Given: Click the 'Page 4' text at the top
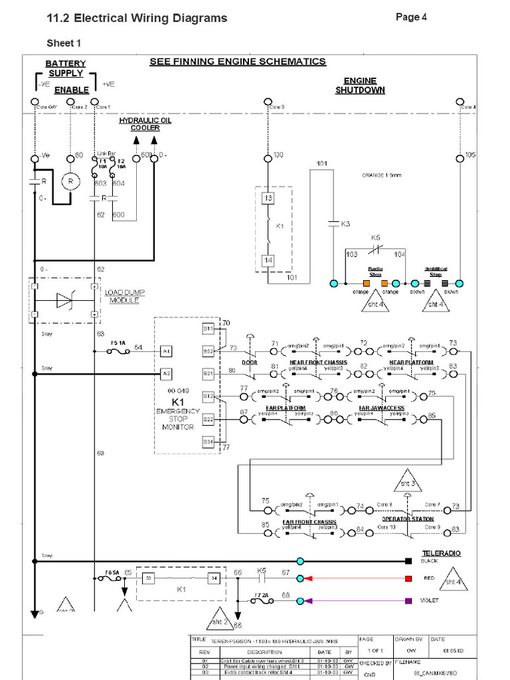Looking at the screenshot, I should coord(411,17).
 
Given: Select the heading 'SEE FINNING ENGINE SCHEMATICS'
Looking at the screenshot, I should coord(237,62).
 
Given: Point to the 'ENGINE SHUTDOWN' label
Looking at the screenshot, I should coord(360,85).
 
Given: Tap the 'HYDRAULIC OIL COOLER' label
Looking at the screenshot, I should coord(145,124).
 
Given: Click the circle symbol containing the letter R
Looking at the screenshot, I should coord(70,181).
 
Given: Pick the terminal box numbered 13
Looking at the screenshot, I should coord(267,198).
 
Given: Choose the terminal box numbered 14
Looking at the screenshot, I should coord(267,260).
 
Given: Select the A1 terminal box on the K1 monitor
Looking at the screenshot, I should coord(166,350).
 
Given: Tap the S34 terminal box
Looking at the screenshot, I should coord(208,442).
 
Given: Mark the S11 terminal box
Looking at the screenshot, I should coord(208,328).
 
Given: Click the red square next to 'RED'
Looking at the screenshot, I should coord(408,578).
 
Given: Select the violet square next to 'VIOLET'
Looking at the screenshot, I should coord(408,601).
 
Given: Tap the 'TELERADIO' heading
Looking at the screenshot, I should coord(441,553).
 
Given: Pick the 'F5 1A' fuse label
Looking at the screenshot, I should coord(118,343).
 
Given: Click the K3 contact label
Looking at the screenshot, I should coord(345,224).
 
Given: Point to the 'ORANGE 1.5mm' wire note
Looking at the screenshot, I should coord(382,175).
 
